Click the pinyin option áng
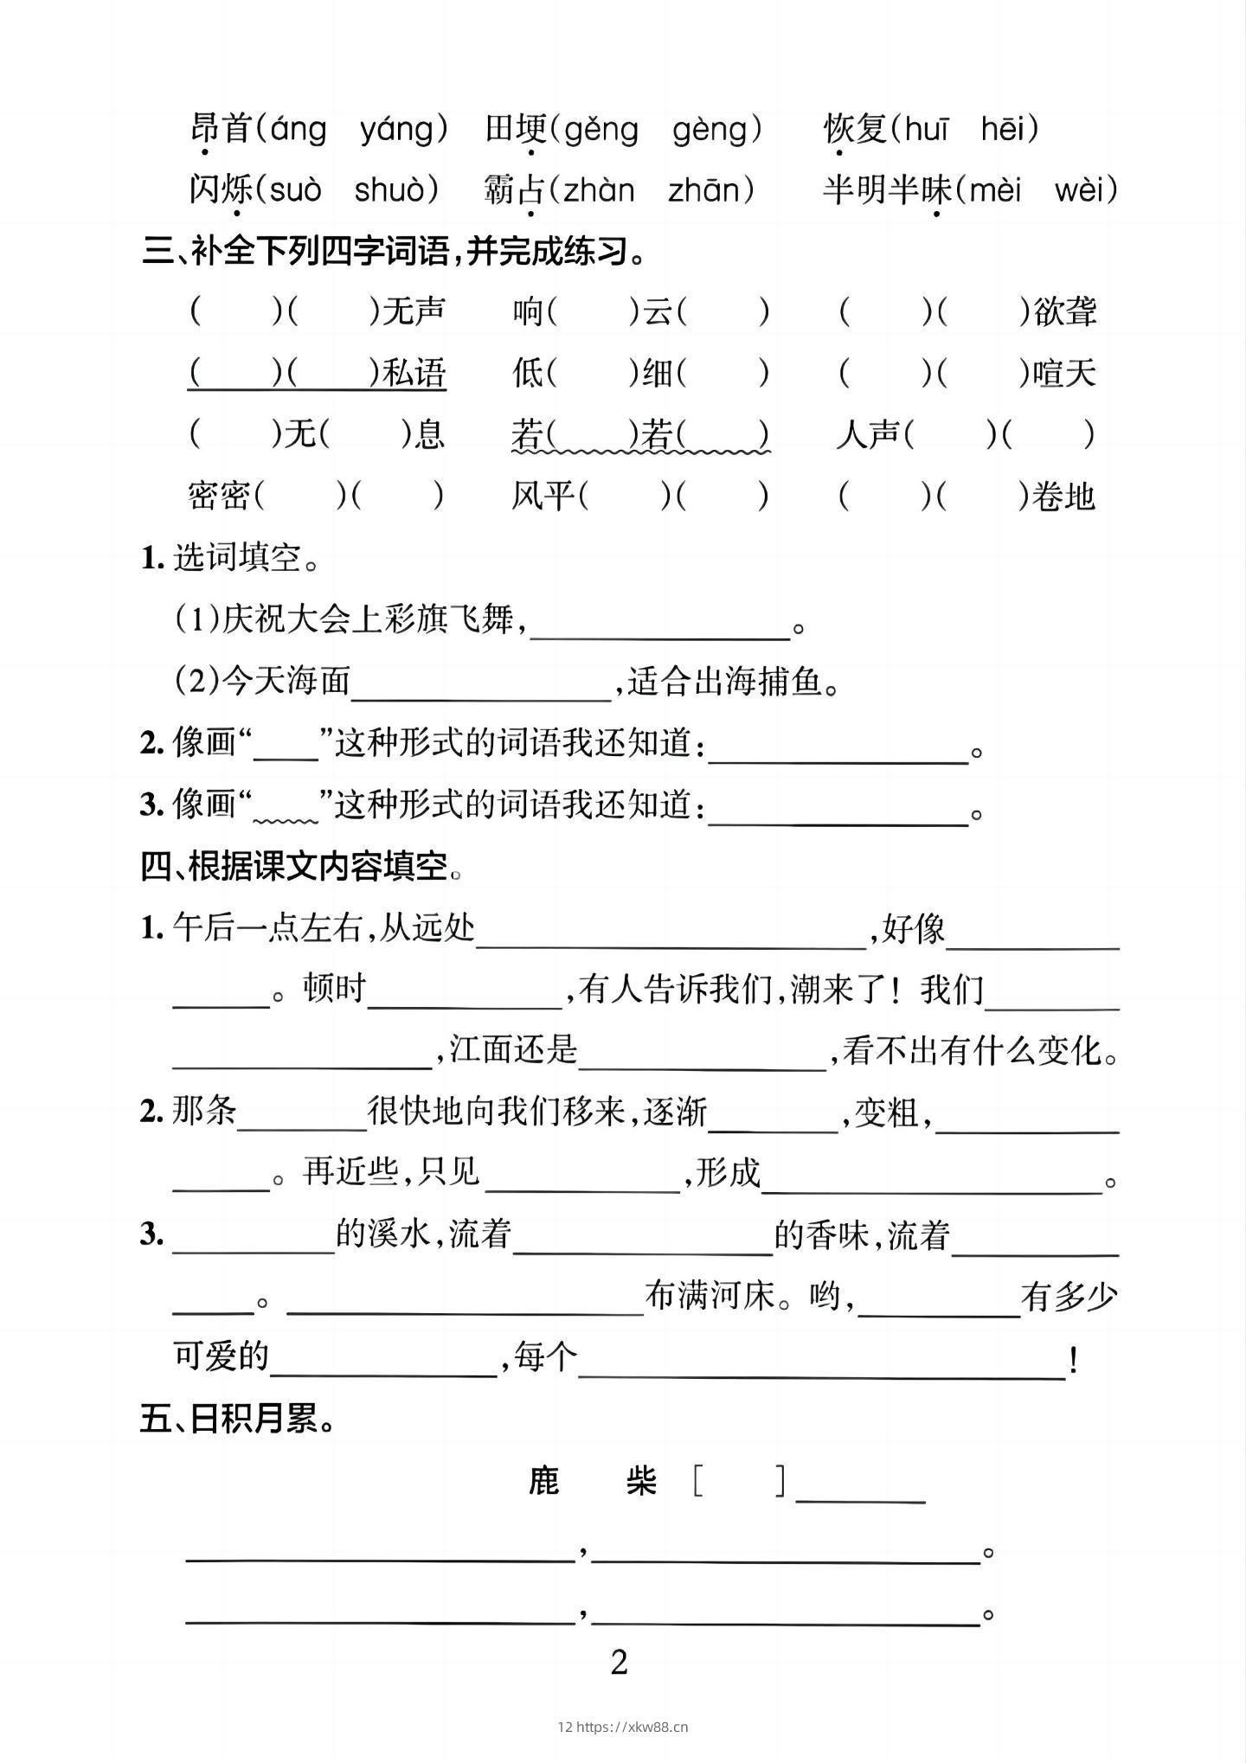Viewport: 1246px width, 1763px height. click(299, 130)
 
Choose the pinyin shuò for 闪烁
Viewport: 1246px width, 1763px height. click(389, 190)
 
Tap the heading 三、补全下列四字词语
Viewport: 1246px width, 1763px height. click(394, 253)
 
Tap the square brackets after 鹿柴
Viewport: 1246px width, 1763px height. click(741, 1481)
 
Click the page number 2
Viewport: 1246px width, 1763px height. click(619, 1663)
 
